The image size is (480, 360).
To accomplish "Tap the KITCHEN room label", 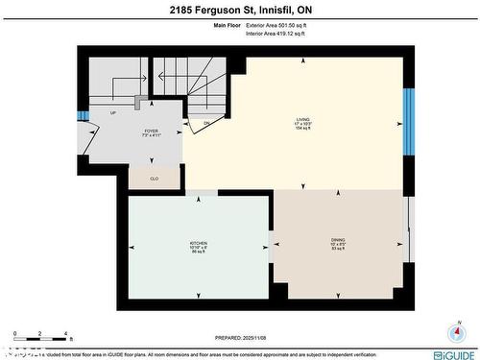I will pyautogui.click(x=199, y=246).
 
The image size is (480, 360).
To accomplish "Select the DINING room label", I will pyautogui.click(x=338, y=242).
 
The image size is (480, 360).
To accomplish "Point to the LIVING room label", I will pyautogui.click(x=303, y=124).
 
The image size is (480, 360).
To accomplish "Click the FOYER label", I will pyautogui.click(x=152, y=132).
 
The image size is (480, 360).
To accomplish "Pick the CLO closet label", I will pyautogui.click(x=154, y=178).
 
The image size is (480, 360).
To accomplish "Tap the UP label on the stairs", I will pyautogui.click(x=113, y=112).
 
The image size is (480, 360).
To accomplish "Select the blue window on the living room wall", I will pyautogui.click(x=408, y=120).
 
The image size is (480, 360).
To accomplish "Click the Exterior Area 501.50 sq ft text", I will pyautogui.click(x=275, y=25).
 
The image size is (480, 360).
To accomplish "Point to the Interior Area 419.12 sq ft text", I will pyautogui.click(x=275, y=34).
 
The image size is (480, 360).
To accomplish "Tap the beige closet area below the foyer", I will pyautogui.click(x=154, y=177).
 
